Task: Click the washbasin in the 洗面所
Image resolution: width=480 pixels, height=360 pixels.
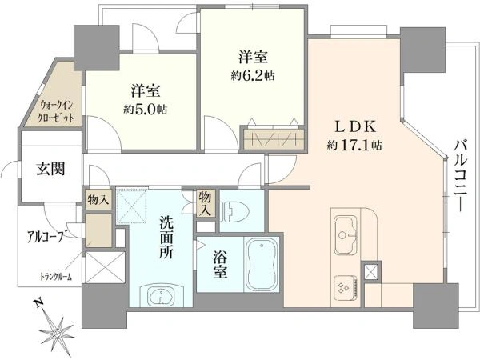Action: pos(162,295)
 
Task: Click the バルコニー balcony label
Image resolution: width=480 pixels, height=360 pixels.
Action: pos(460,172)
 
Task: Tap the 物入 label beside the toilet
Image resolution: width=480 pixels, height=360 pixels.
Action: pos(206,202)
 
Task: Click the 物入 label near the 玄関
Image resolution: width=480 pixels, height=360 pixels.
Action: pos(97,199)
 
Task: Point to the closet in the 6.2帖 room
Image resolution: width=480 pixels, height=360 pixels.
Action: pos(273,137)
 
